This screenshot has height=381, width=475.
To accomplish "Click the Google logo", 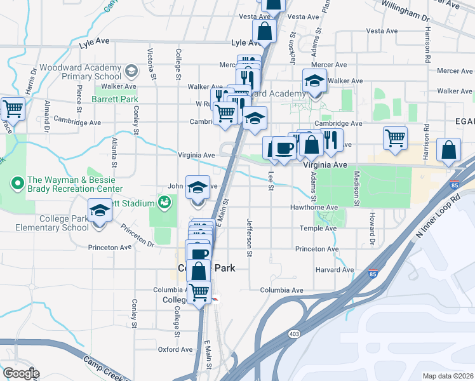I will click(20, 373).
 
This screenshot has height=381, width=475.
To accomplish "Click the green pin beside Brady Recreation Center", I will click(17, 185).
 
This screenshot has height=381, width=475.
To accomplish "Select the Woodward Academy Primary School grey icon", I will click(131, 70).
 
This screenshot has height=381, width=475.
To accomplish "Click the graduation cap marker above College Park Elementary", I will click(99, 210).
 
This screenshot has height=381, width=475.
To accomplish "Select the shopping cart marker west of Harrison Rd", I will click(395, 138).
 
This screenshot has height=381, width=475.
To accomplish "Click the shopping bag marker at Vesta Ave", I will click(264, 29).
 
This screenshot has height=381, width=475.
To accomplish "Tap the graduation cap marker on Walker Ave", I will click(314, 81).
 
